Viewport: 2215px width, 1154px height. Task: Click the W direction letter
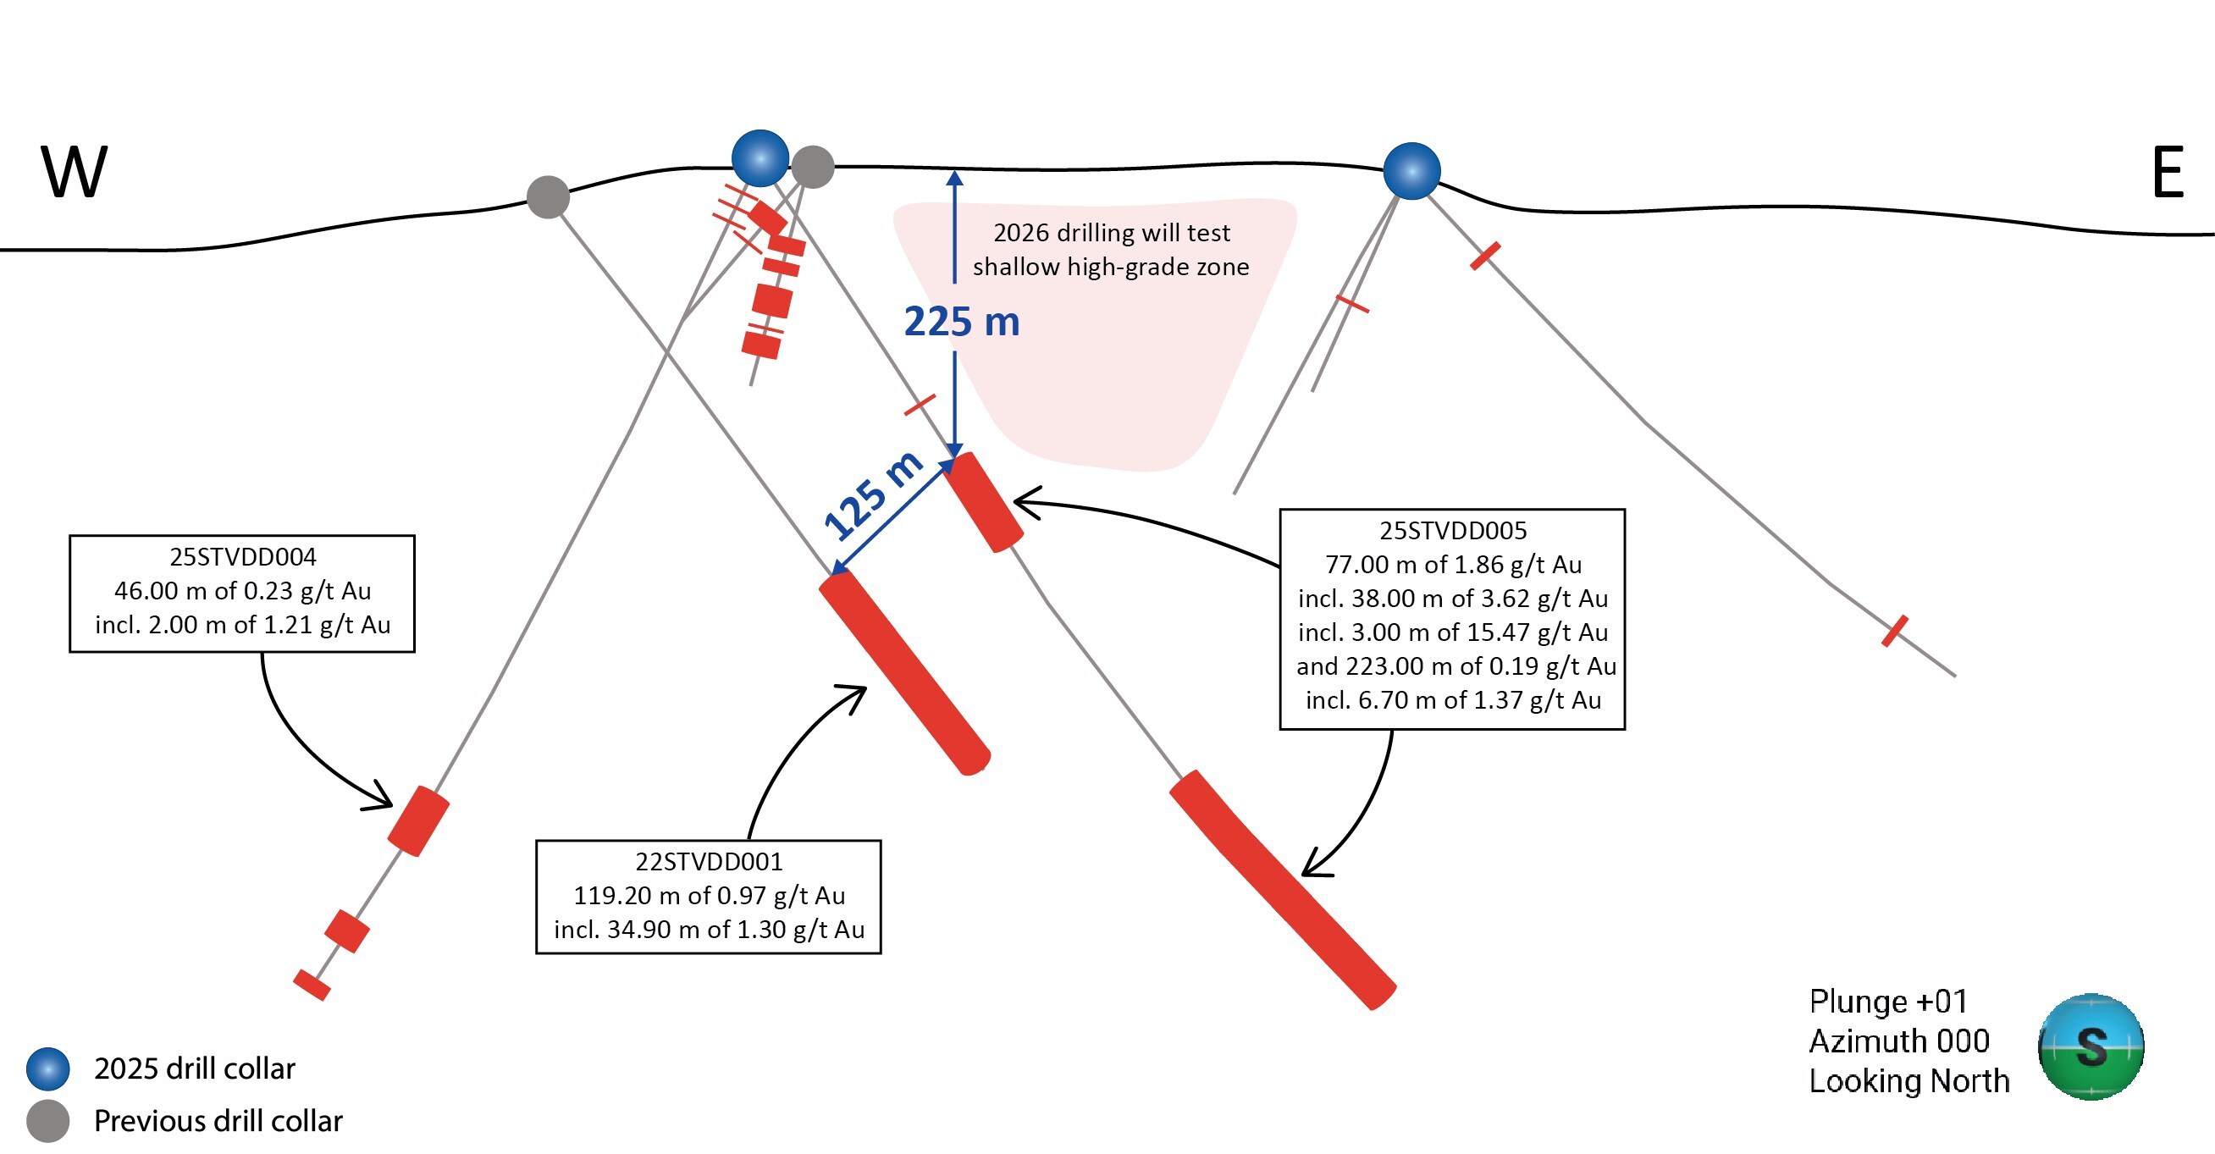(x=74, y=172)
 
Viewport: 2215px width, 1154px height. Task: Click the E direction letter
(x=2168, y=172)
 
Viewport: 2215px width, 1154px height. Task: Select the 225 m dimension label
(x=961, y=322)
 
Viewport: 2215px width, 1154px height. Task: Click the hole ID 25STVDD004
(x=242, y=557)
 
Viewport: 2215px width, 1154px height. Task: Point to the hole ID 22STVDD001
(x=709, y=862)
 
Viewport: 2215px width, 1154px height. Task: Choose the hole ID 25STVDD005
(x=1453, y=531)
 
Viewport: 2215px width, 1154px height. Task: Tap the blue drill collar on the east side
(x=1411, y=171)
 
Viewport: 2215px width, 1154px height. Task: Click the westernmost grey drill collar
(x=548, y=197)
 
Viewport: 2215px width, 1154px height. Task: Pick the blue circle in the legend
(x=48, y=1068)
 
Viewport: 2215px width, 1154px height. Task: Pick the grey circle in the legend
(x=48, y=1120)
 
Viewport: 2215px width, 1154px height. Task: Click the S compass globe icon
(x=2091, y=1046)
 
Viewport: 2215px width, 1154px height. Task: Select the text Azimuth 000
(x=1899, y=1041)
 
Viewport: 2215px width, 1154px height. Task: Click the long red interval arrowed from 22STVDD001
(x=904, y=673)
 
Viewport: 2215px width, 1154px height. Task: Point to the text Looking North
(x=1909, y=1081)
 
